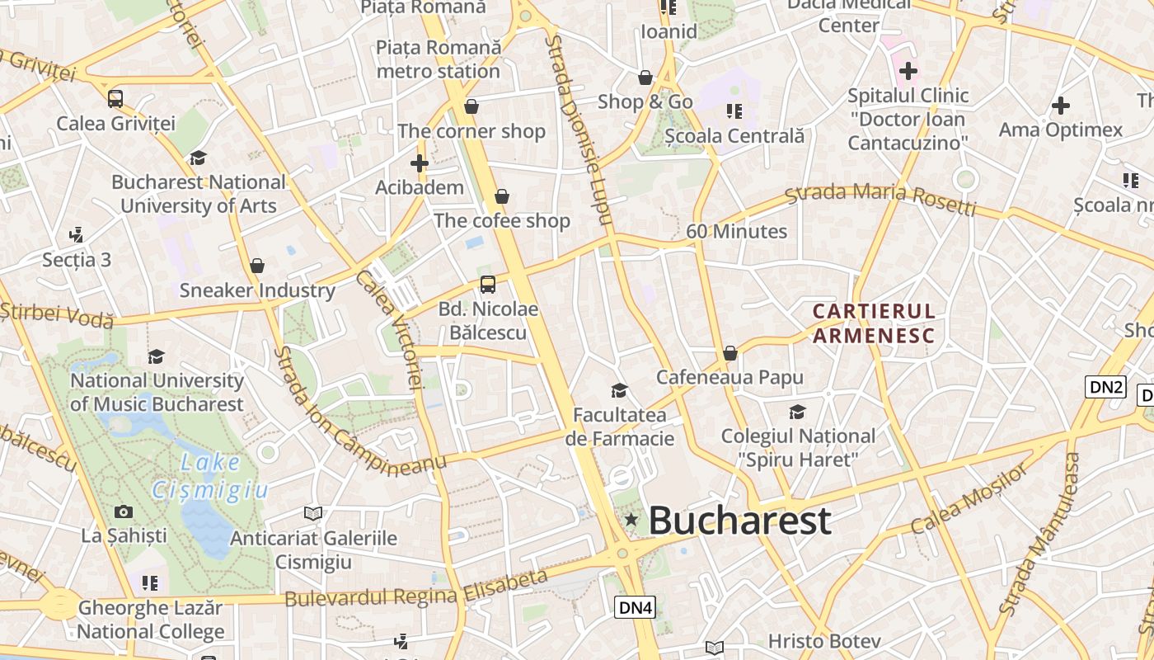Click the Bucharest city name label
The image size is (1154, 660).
[x=739, y=521]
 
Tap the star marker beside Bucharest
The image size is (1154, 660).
[x=631, y=520]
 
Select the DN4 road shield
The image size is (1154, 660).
[x=636, y=608]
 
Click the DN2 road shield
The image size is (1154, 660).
[x=1105, y=387]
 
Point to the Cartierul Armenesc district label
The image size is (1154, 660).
[x=874, y=323]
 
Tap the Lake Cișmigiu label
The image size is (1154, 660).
[x=210, y=477]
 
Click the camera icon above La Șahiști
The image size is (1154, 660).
[x=124, y=512]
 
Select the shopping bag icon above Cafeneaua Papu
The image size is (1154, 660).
[x=729, y=354]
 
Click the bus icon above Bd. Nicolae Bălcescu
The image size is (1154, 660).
[x=488, y=285]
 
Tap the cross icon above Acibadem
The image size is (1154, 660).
[x=420, y=163]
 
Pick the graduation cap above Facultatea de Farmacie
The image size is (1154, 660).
[x=619, y=390]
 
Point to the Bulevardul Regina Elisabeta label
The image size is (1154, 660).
[x=416, y=587]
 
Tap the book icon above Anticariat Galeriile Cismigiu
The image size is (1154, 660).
[x=313, y=514]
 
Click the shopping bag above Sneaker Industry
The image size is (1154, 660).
[x=257, y=266]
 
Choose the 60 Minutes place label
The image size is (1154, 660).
[x=737, y=232]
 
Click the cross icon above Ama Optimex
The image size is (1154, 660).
[x=1061, y=106]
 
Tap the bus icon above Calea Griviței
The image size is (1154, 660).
[x=115, y=99]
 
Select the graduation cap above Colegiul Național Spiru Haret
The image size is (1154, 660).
[x=797, y=412]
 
